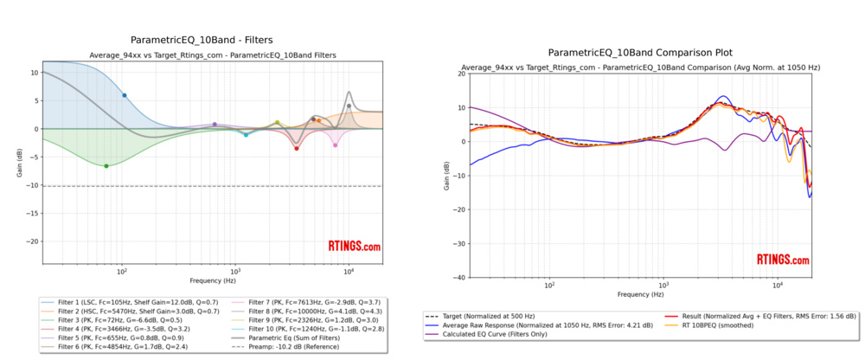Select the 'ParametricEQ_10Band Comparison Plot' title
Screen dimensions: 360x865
(640, 52)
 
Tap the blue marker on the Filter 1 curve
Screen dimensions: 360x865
(124, 95)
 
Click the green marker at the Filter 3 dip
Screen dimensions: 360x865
(106, 165)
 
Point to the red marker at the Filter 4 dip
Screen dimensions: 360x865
(296, 149)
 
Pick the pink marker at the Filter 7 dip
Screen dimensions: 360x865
(336, 145)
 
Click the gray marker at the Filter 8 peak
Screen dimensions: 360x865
(349, 106)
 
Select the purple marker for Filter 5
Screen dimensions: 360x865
(215, 125)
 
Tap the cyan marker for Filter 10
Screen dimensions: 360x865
(246, 135)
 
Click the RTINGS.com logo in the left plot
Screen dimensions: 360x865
(353, 247)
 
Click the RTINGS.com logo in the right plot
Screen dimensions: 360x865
(783, 260)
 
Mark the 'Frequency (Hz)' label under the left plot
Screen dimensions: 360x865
(213, 281)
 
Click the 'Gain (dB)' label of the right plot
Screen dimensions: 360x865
(445, 176)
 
